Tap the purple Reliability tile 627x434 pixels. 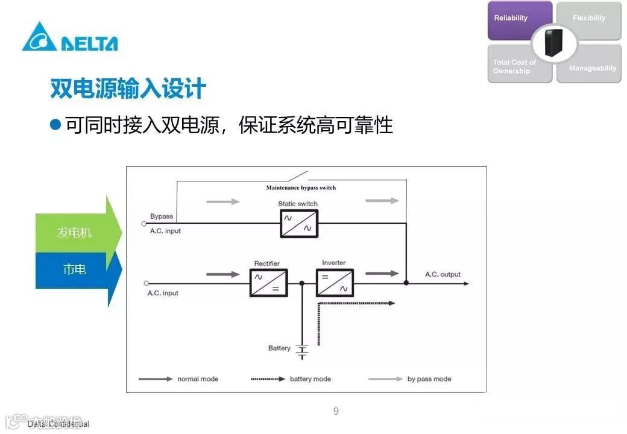click(519, 20)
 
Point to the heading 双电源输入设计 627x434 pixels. click(128, 89)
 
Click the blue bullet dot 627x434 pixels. click(56, 125)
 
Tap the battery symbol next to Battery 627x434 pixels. click(303, 351)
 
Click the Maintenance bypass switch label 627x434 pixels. click(301, 188)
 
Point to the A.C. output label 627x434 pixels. click(443, 275)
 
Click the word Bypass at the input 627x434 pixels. click(162, 216)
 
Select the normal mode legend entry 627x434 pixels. click(178, 379)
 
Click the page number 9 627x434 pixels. click(336, 412)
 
